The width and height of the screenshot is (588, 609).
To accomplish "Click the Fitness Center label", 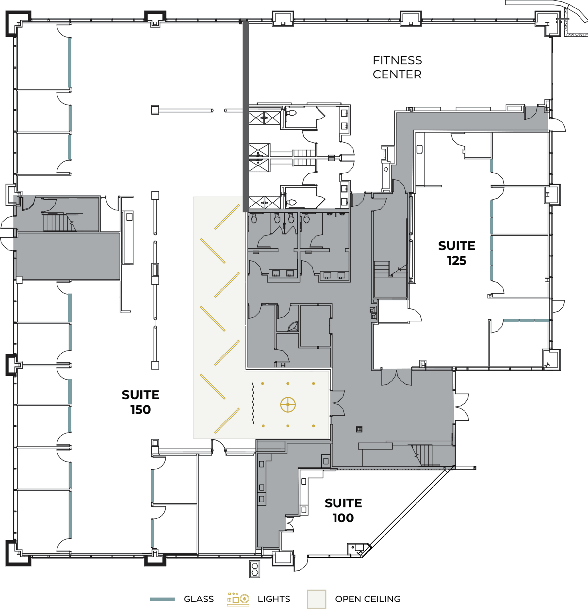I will click(x=397, y=67).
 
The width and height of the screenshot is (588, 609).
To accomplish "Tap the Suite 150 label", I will click(x=140, y=402).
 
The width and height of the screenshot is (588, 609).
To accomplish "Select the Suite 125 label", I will click(x=456, y=253).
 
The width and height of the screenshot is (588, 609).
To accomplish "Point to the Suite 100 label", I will click(x=343, y=510).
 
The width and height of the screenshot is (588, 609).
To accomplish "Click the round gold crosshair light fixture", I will click(x=288, y=404).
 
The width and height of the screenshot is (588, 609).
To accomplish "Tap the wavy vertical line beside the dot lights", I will click(x=253, y=403).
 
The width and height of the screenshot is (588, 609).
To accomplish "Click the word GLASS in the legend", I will click(x=199, y=599).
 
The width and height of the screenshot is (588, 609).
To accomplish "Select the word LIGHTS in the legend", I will click(x=274, y=599).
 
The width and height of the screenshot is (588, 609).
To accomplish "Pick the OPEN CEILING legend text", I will click(x=367, y=599).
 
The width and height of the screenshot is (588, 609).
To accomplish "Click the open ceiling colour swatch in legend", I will click(x=316, y=599).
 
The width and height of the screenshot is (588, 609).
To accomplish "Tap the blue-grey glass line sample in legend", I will click(x=162, y=599).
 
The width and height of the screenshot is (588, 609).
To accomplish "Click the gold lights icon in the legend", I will click(x=238, y=599).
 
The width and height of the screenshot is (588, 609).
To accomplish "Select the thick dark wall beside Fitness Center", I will click(x=246, y=116).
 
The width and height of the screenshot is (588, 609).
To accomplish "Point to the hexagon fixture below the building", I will click(x=255, y=569).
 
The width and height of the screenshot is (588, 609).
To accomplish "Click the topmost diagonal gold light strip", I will click(x=227, y=217).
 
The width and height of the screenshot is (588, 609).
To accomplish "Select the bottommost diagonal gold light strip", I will click(x=227, y=420).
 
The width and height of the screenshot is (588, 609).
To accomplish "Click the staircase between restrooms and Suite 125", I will click(x=382, y=269).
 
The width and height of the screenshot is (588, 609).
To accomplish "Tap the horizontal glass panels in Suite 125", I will click(x=526, y=321).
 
